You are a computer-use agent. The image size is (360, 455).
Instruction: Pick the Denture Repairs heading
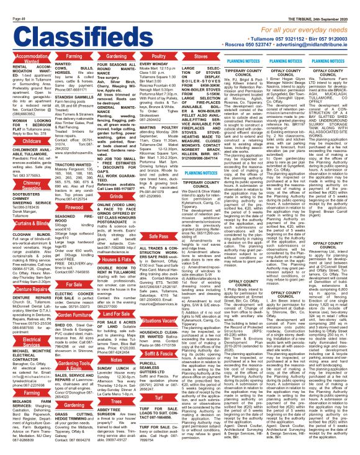coord(24,289)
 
